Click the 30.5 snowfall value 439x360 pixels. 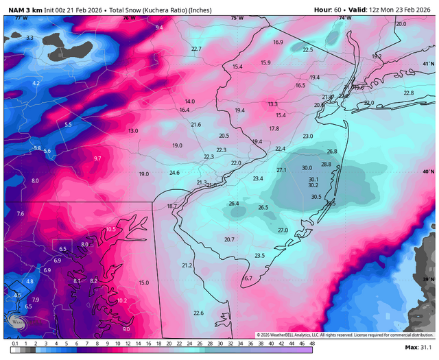(x=316, y=197)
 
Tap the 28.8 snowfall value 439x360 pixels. (x=326, y=164)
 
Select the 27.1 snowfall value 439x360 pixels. (x=281, y=170)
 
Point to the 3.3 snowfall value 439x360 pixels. (x=29, y=38)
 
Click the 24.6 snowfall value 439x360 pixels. (x=174, y=173)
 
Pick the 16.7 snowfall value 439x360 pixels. (x=248, y=278)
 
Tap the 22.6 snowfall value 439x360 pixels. (x=198, y=313)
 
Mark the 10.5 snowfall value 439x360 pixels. (x=111, y=229)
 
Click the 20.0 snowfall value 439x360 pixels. (x=401, y=24)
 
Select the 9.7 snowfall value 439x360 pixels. (x=97, y=158)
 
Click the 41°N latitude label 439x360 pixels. (x=428, y=64)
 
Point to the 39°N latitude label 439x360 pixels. (x=428, y=279)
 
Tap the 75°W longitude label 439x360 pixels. (x=237, y=18)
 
